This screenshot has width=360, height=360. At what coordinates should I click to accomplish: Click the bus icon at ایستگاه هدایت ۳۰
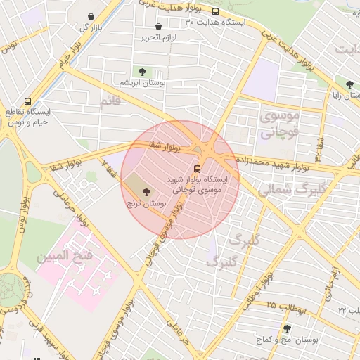pos(215,11)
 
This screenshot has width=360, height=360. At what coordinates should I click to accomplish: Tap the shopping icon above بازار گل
pos(92,16)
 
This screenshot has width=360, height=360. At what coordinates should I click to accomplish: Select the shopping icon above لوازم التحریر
pos(158,26)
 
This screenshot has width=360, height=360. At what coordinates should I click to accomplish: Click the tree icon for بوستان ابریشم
pos(143,71)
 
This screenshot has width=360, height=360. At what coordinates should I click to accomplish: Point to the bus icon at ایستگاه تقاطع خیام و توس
pos(27,101)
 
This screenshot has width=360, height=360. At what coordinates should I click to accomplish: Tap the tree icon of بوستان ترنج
pos(146,191)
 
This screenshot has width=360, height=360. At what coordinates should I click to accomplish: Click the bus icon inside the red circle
pos(198,169)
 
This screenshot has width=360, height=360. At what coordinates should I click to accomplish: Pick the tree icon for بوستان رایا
pos(349,84)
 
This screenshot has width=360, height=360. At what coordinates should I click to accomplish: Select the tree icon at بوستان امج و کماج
pos(287,328)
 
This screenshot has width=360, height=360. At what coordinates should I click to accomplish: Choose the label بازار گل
pos(91,27)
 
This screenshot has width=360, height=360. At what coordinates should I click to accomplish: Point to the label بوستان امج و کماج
pos(287,340)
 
